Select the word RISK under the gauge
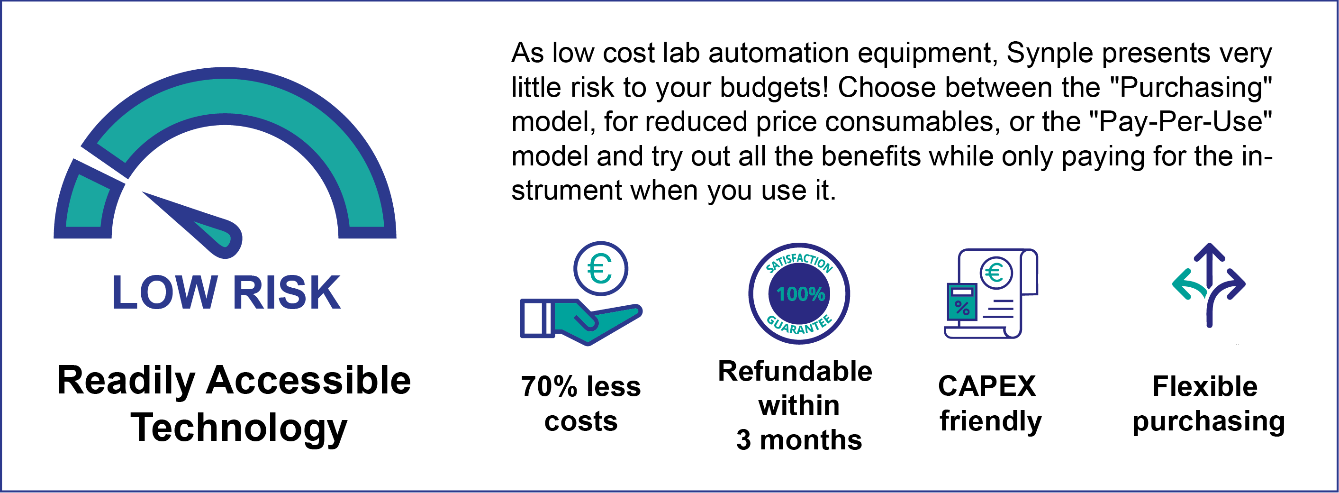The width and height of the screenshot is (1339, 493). click(287, 292)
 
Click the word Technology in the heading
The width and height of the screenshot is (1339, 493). click(239, 428)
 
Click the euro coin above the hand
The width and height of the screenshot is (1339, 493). click(600, 268)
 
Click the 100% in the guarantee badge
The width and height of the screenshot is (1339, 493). click(800, 294)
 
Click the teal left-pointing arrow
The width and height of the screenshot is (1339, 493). click(1189, 285)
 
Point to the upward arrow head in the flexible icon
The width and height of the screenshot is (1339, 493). click(1210, 252)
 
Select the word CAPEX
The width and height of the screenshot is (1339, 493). click(986, 386)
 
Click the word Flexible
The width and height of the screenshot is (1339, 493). click(1205, 386)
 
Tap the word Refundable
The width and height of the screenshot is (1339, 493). click(795, 371)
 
